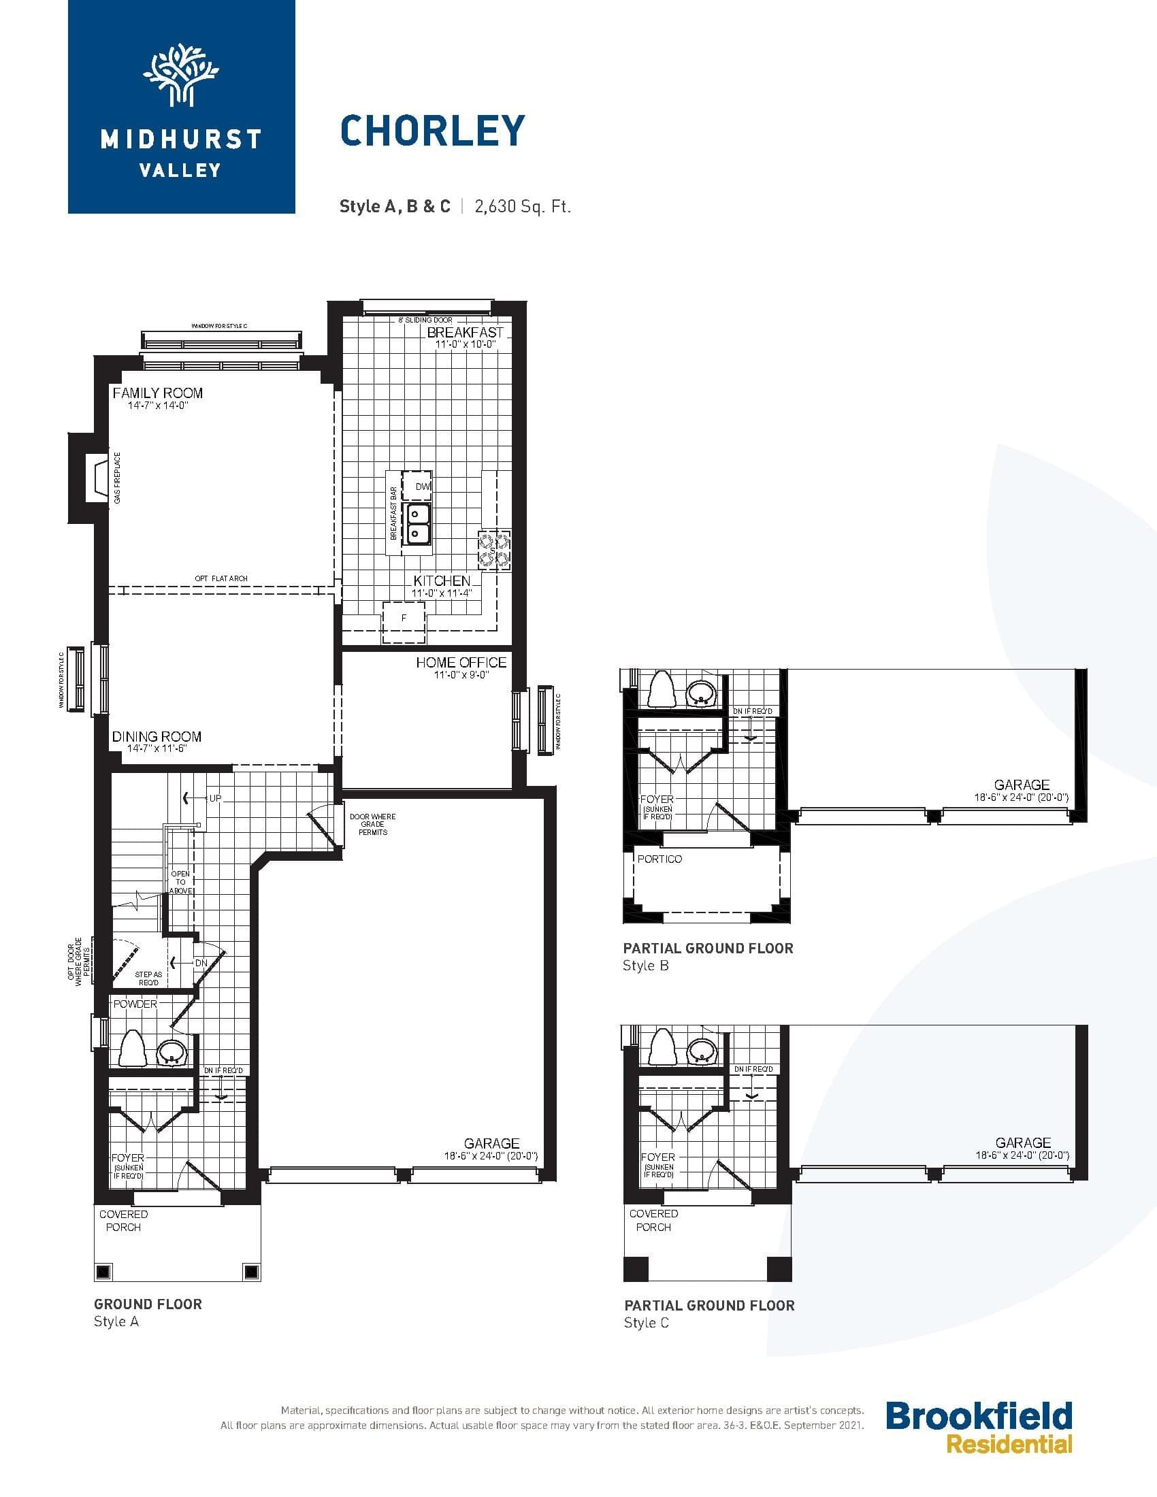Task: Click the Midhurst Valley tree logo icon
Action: (181, 75)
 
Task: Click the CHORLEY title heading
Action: (432, 131)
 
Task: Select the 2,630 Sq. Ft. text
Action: (522, 206)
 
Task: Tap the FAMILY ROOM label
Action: (158, 393)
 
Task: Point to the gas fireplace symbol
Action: (97, 478)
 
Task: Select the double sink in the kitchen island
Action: (417, 523)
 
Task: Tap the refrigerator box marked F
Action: (404, 619)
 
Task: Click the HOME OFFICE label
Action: (461, 662)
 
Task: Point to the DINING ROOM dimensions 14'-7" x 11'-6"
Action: (157, 748)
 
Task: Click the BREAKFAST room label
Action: (465, 332)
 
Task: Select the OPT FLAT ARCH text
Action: (221, 578)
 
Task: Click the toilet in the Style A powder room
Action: (133, 1048)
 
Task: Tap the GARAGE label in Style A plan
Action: (491, 1143)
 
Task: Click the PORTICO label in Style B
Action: (659, 859)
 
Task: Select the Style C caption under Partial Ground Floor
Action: (646, 1323)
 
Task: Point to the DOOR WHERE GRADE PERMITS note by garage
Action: (372, 824)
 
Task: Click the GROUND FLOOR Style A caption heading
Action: (148, 1304)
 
